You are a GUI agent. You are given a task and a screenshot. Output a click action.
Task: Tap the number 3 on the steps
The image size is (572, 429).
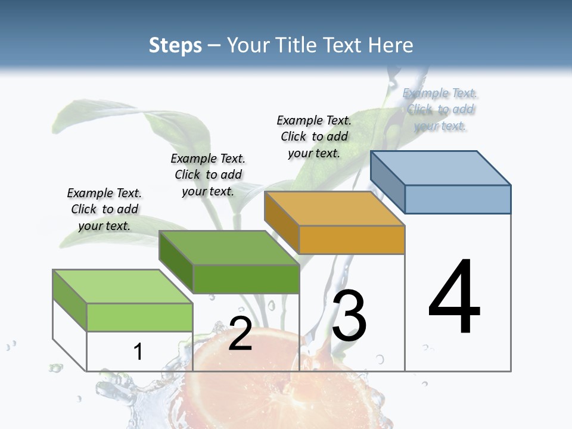coord(349,316)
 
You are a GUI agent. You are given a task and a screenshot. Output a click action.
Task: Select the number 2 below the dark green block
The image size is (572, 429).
coord(240,334)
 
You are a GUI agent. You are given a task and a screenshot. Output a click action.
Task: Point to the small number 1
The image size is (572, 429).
coord(138,352)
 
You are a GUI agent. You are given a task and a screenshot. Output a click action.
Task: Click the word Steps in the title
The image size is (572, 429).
coord(175,45)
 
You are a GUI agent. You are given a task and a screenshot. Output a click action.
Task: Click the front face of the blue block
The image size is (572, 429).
coord(458,199)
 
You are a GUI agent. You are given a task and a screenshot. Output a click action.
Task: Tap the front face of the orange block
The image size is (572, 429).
coord(352,240)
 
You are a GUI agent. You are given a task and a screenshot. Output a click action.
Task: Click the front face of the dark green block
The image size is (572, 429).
coord(246,279)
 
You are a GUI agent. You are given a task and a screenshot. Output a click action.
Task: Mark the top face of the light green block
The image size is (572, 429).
coord(123,287)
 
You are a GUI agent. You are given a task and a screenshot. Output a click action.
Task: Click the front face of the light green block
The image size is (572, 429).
coord(139,317)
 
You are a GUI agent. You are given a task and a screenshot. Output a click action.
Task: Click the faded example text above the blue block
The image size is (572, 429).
coord(440,109)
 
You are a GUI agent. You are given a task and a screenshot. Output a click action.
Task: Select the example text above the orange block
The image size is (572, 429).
coord(314,136)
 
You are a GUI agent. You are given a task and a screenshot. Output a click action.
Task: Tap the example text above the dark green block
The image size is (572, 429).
coord(208,175)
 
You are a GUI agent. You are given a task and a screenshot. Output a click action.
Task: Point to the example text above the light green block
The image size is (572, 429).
coord(104,209)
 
